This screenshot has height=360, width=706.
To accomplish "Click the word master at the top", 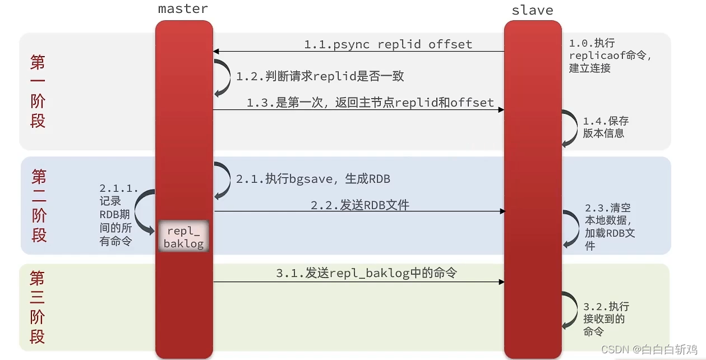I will click(183, 9).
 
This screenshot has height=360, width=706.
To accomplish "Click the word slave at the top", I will click(532, 11).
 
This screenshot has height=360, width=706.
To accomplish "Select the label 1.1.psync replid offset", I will click(388, 44).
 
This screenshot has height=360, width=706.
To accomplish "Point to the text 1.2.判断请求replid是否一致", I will click(320, 76).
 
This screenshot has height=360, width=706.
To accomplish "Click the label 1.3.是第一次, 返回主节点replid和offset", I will click(370, 103).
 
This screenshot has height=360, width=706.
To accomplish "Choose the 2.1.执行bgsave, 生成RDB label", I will click(313, 179).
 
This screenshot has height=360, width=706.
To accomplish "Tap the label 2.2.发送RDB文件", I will click(360, 205).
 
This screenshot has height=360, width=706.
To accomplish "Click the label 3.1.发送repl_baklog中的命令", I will click(366, 273).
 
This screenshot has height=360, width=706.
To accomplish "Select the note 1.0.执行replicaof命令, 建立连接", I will click(610, 56).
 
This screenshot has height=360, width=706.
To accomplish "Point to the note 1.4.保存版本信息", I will click(606, 127).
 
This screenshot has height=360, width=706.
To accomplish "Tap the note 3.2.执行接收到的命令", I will click(606, 319).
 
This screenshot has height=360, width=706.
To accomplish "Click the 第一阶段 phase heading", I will click(38, 91).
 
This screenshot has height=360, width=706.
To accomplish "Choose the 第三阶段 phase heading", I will click(38, 307).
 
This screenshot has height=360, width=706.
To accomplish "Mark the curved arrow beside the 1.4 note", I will click(571, 128).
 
